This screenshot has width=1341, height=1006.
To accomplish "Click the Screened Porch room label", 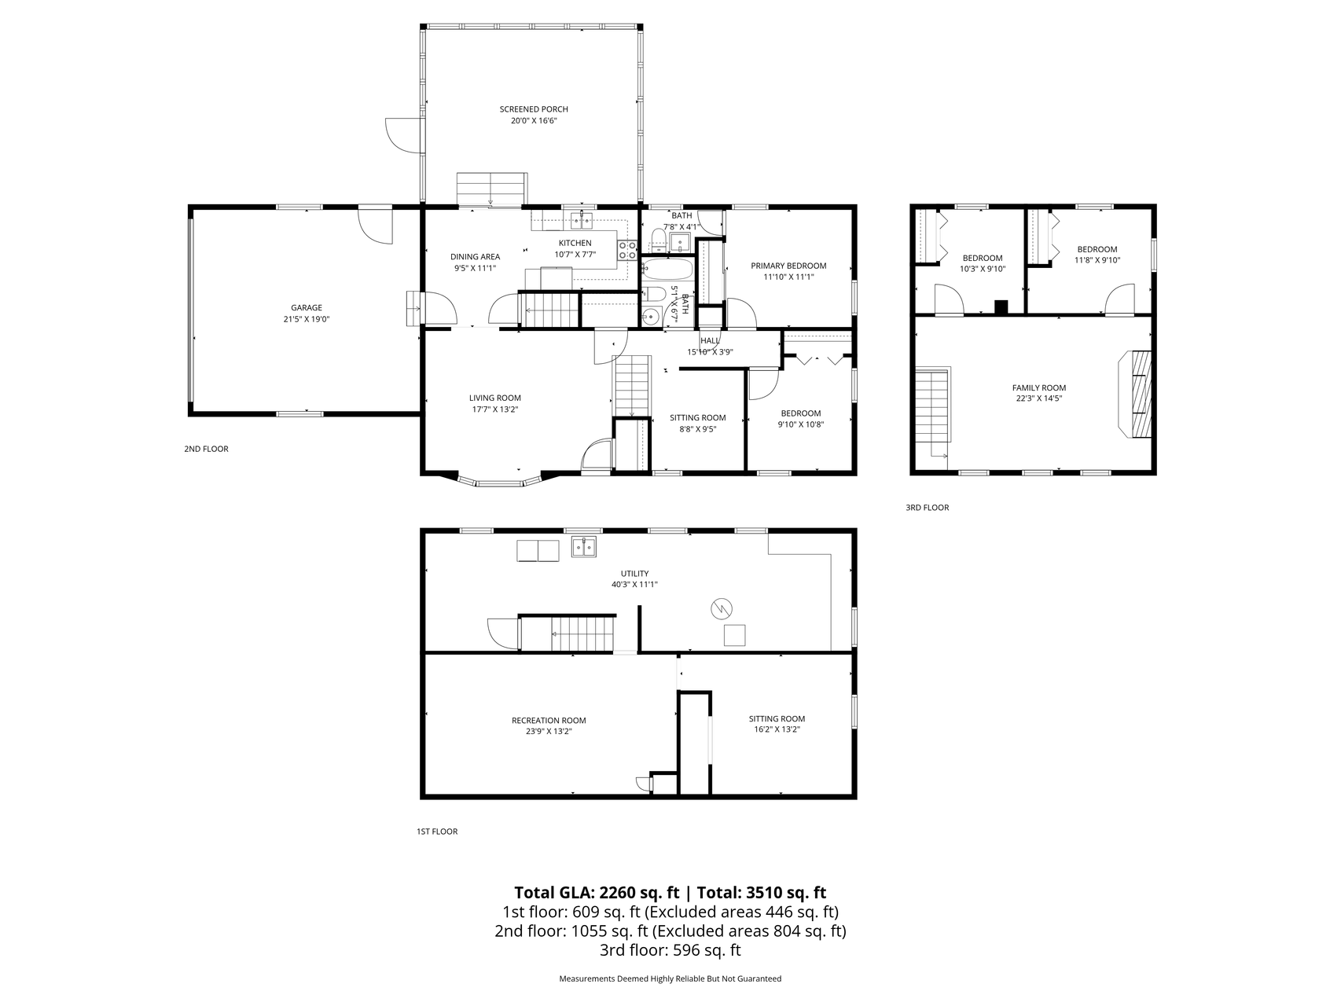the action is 534,109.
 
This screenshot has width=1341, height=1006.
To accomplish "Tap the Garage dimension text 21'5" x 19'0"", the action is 307,320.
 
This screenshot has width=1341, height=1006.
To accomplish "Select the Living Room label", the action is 495,398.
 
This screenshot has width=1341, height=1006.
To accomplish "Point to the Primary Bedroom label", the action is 788,266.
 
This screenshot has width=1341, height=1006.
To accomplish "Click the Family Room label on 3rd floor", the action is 1039,387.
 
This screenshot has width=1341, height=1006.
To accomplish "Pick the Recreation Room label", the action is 549,720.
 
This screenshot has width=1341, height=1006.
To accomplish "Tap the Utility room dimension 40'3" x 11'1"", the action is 634,585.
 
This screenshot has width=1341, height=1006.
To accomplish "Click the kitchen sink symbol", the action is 582,219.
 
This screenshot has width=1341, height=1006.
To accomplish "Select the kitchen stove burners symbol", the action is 627,250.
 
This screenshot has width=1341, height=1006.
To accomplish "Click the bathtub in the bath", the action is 667,271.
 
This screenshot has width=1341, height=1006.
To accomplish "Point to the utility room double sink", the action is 584,547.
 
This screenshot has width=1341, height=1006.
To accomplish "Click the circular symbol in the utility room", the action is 722,609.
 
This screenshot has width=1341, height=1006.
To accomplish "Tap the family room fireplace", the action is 1134,394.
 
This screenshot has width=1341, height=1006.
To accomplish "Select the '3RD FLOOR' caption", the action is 928,508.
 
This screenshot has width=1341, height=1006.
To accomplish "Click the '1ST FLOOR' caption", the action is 437,832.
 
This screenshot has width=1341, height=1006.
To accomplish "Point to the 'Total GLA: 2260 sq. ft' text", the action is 597,893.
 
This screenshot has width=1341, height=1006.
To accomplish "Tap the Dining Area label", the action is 475,257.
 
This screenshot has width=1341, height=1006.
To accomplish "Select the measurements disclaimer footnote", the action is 670,979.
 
